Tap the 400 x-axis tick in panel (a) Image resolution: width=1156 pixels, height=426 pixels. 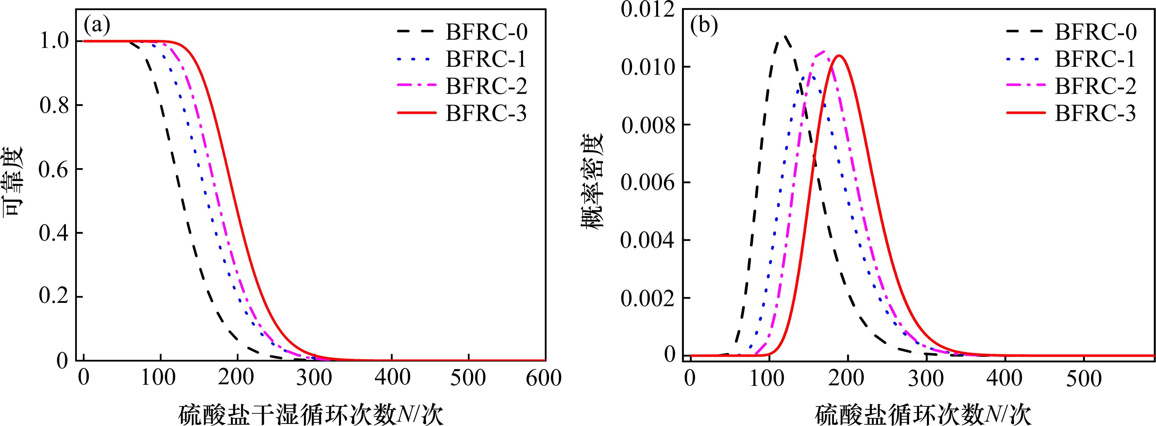[392, 378]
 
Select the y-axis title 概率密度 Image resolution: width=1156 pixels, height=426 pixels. [593, 182]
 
